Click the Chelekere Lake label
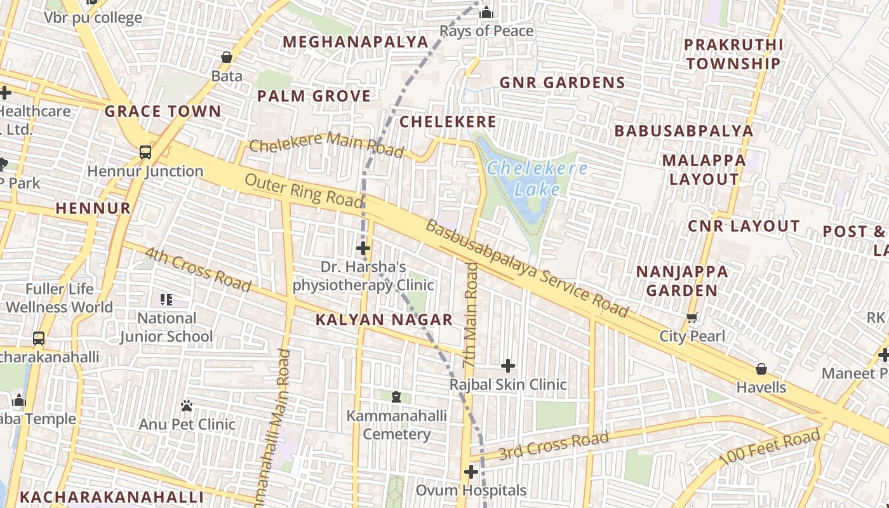point(537,178)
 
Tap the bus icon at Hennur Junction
point(145,152)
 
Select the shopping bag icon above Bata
point(227,58)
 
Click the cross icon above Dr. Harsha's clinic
point(363,248)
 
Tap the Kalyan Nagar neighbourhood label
point(384,319)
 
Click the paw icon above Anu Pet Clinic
point(187,405)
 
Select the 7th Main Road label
point(471,314)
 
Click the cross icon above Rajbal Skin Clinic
point(508,366)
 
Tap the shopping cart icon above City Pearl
point(692,317)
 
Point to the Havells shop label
point(761,387)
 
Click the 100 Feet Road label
point(769,448)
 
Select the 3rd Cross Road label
point(553,446)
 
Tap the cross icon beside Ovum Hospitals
point(471,472)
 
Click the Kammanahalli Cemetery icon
point(396,397)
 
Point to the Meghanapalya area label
point(356,42)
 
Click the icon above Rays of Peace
point(486,12)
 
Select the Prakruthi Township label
point(733,54)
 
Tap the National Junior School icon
point(166,300)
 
